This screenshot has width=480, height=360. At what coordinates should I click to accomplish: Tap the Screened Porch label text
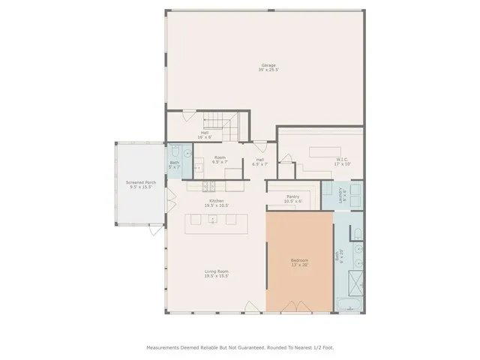click(141, 184)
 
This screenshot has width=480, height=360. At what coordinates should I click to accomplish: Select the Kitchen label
click(217, 203)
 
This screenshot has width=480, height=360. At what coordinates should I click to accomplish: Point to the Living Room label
click(217, 274)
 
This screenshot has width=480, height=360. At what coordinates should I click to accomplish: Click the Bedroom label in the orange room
click(299, 262)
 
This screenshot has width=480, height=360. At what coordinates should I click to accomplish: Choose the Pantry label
click(292, 199)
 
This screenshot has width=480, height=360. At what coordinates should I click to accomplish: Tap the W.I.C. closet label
click(343, 161)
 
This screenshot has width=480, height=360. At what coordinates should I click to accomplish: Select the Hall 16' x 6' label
click(204, 135)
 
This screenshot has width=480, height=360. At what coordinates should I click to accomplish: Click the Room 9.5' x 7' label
click(220, 161)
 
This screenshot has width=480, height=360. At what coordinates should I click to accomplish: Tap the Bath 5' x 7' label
click(174, 164)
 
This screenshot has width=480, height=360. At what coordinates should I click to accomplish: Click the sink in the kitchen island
click(213, 220)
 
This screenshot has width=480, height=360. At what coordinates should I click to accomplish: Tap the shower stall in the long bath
click(353, 280)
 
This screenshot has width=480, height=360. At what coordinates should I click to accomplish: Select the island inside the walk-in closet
click(324, 151)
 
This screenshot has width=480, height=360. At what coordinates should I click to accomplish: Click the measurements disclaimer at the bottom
click(239, 347)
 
